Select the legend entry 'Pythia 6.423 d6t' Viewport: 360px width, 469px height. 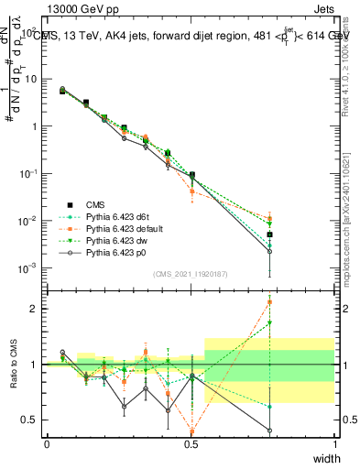[x=115, y=216]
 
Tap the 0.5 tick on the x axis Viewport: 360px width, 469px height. [x=191, y=443]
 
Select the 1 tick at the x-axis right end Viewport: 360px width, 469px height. [x=334, y=443]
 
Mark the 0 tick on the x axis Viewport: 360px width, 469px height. [x=47, y=443]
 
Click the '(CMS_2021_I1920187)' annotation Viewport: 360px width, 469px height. [x=191, y=273]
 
